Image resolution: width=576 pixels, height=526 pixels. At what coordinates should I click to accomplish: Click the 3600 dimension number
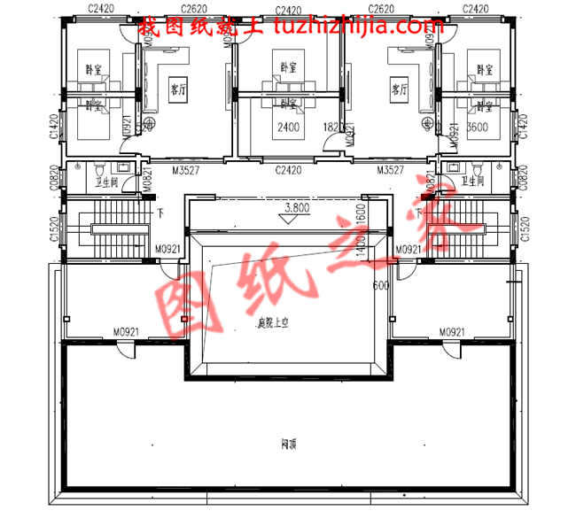pyautogui.click(x=478, y=127)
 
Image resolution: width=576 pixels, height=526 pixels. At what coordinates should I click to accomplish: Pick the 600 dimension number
pyautogui.click(x=381, y=286)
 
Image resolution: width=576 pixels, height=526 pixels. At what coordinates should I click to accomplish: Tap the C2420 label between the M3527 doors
pyautogui.click(x=289, y=169)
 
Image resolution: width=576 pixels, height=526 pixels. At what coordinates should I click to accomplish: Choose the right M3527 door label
pyautogui.click(x=392, y=169)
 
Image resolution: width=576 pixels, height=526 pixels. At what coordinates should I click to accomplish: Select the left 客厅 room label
pyautogui.click(x=177, y=89)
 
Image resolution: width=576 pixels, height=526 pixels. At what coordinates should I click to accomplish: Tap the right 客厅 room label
pyautogui.click(x=398, y=89)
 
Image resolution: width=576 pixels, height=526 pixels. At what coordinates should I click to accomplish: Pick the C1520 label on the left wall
pyautogui.click(x=55, y=228)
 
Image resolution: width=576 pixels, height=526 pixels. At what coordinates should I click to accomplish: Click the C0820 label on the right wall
pyautogui.click(x=523, y=177)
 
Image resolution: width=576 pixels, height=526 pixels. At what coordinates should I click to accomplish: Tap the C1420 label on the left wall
pyautogui.click(x=55, y=127)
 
